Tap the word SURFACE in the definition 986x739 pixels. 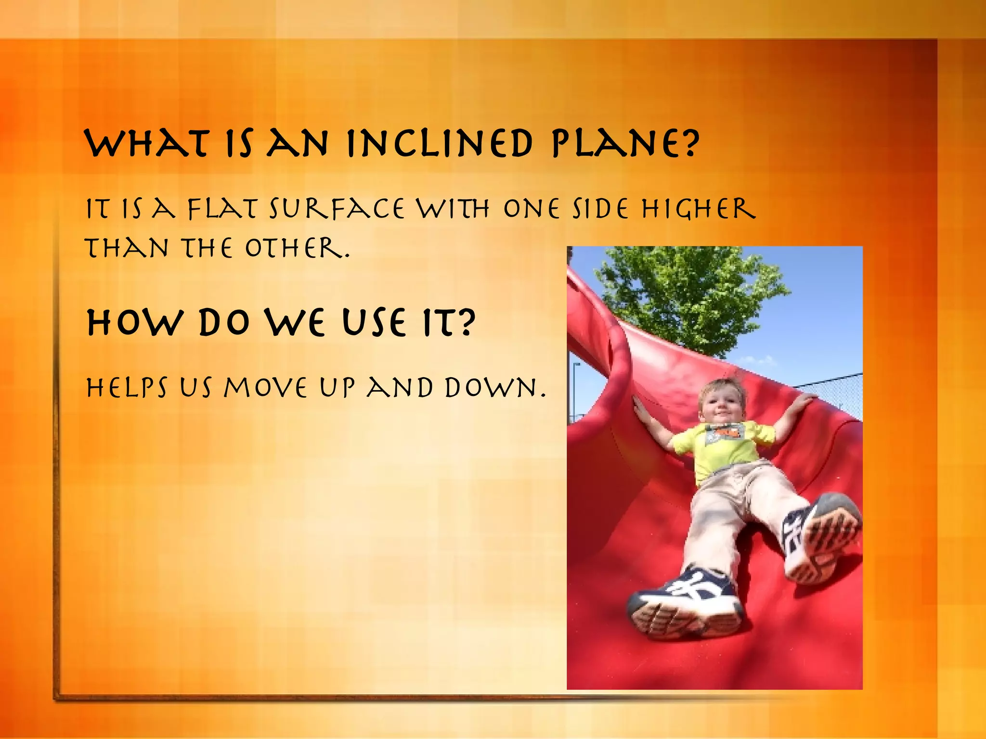tap(337, 210)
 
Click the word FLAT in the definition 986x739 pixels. tap(221, 210)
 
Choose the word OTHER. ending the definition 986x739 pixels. tap(297, 249)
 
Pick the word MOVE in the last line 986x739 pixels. tap(265, 388)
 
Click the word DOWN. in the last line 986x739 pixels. tap(495, 388)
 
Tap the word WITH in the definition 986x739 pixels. tap(453, 210)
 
